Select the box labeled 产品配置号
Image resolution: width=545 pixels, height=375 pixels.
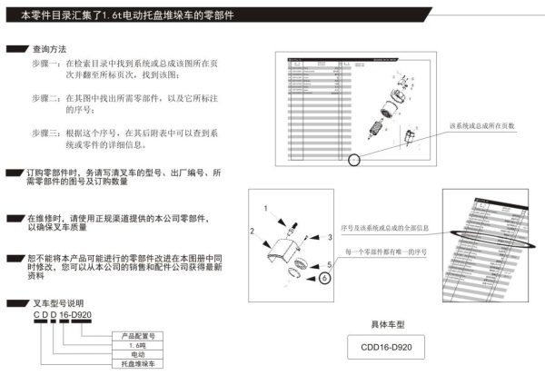[x=138, y=335]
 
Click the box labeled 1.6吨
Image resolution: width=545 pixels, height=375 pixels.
[x=138, y=345]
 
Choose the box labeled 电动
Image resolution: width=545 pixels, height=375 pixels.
[x=138, y=354]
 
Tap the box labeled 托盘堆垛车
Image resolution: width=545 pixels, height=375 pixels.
[x=138, y=364]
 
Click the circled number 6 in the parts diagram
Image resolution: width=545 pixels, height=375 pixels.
[x=325, y=280]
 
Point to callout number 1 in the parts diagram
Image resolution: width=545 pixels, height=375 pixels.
[x=265, y=209]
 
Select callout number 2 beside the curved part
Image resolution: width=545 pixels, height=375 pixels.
[x=253, y=232]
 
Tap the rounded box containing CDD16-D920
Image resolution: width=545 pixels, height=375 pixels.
[x=391, y=348]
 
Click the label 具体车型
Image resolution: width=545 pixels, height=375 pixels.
[x=391, y=322]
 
